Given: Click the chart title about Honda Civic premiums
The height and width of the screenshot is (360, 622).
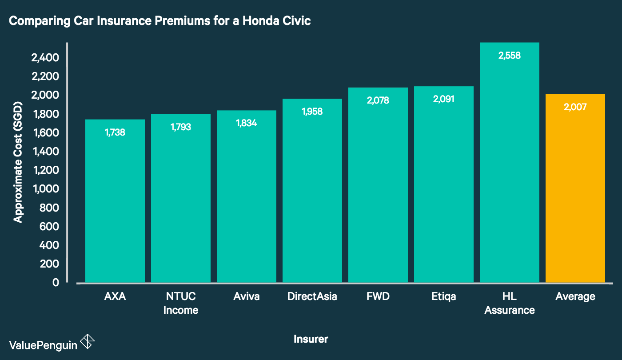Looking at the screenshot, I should pyautogui.click(x=159, y=21).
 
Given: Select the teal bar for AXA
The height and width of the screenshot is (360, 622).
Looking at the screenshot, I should pyautogui.click(x=115, y=200).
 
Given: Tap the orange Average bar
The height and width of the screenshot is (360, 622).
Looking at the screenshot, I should pyautogui.click(x=575, y=191).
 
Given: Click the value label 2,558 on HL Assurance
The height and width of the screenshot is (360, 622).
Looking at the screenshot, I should pyautogui.click(x=509, y=56).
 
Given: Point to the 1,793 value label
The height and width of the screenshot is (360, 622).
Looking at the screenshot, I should pyautogui.click(x=180, y=127).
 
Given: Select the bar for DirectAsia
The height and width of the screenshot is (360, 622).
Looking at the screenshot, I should pyautogui.click(x=312, y=191).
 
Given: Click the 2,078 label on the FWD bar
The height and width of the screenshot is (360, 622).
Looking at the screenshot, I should pyautogui.click(x=378, y=100).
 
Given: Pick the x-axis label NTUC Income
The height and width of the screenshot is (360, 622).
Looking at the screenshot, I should pyautogui.click(x=180, y=303).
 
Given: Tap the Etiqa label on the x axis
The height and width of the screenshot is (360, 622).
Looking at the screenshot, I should pyautogui.click(x=443, y=296).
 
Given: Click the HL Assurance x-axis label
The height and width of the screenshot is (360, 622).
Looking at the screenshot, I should pyautogui.click(x=509, y=303).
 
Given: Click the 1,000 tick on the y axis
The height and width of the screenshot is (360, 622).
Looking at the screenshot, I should pyautogui.click(x=46, y=189).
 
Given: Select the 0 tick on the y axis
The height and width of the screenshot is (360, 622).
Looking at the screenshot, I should pyautogui.click(x=56, y=282).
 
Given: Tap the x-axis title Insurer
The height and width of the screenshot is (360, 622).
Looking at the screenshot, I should pyautogui.click(x=311, y=339).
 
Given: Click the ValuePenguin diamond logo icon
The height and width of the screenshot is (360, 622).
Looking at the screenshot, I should pyautogui.click(x=87, y=342).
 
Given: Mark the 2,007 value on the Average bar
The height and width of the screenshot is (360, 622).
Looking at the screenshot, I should pyautogui.click(x=575, y=107).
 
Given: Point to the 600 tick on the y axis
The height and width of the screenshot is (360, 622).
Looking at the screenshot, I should pyautogui.click(x=49, y=226).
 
